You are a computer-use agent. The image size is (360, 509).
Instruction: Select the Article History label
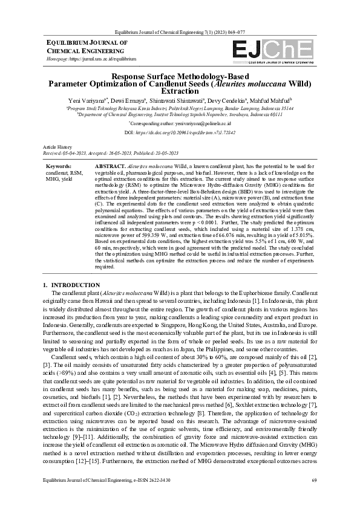coord(57,148)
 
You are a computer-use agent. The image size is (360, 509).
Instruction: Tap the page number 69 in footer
coord(314,497)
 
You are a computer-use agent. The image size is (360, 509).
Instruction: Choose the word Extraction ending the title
coord(180,91)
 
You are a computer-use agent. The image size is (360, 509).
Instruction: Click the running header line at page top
coord(180,31)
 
